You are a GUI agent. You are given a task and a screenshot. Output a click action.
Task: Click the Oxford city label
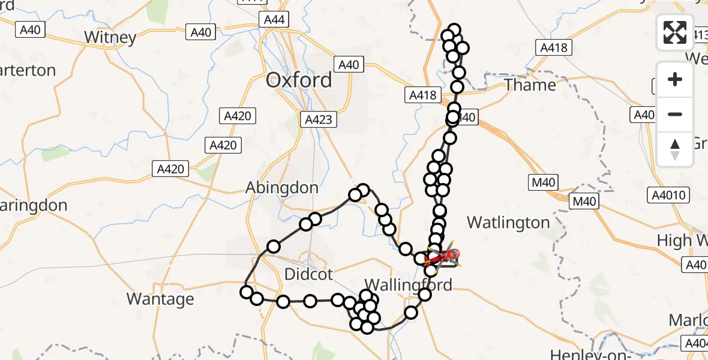[299, 80]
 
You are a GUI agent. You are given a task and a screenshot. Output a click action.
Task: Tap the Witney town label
[110, 37]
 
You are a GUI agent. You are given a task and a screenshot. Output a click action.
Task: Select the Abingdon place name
[282, 188]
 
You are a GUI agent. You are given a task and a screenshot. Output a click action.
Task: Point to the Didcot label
[308, 275]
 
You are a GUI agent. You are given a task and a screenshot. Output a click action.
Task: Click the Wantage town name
[160, 298]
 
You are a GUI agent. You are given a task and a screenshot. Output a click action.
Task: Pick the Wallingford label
[408, 284]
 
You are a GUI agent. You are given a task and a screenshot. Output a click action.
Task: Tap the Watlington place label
[508, 223]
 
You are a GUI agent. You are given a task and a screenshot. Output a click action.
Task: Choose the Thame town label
[530, 85]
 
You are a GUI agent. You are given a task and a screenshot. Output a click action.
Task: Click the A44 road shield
[274, 20]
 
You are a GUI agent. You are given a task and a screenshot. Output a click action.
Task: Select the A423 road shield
[318, 119]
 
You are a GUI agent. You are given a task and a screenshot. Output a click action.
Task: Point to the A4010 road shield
[669, 194]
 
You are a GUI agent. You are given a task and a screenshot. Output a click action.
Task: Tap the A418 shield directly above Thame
[553, 47]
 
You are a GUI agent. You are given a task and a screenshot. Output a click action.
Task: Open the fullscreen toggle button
[675, 32]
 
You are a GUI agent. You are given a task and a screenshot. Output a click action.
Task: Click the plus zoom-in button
[675, 79]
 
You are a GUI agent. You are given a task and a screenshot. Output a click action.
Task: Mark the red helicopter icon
[447, 256]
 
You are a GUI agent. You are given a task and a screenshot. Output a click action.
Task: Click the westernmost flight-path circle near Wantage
[246, 292]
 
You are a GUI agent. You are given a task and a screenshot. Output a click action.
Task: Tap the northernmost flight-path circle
[454, 30]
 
